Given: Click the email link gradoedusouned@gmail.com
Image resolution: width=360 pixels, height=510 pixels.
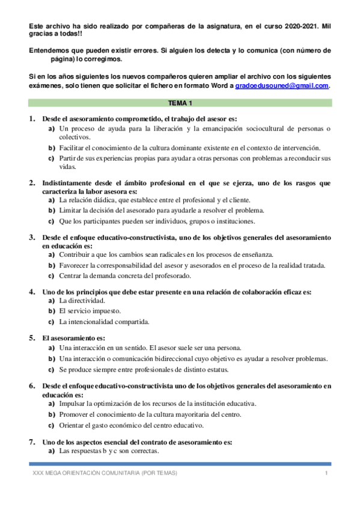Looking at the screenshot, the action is [281, 86].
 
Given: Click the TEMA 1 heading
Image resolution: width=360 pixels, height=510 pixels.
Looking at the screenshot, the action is [180, 103].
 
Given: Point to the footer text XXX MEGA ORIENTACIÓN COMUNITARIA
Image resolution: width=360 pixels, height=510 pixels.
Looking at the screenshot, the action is [105, 474].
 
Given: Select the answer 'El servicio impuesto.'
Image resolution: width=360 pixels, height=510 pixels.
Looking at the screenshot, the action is [90, 311].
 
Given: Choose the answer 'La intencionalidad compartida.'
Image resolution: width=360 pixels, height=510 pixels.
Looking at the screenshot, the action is [104, 322].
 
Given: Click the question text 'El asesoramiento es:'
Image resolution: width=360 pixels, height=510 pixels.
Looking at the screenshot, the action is [73, 339].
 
